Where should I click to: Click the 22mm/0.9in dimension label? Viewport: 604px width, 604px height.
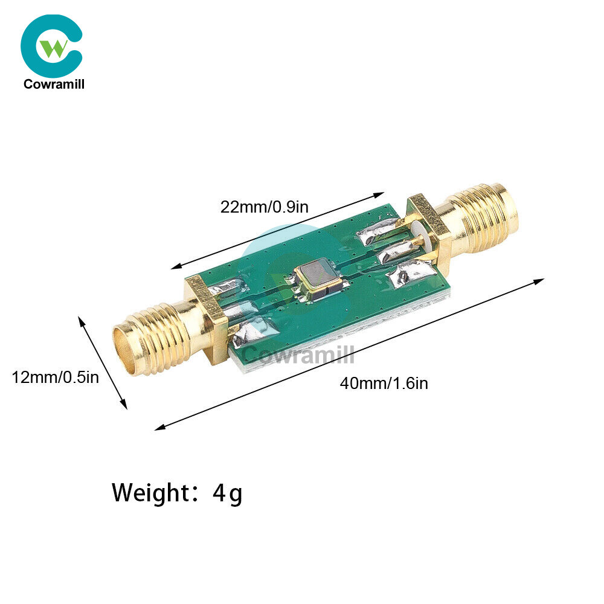[265, 207]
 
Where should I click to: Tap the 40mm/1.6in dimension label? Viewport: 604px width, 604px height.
[384, 383]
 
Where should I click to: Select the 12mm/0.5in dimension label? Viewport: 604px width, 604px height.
[55, 377]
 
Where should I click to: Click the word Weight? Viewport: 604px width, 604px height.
[151, 493]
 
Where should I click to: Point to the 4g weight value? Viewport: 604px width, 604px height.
[228, 494]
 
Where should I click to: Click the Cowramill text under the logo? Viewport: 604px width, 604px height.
[54, 84]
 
